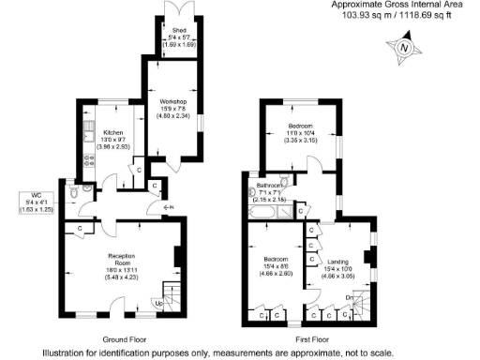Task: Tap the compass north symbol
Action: (x=404, y=48)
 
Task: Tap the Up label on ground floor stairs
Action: (x=158, y=303)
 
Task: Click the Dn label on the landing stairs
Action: (x=350, y=298)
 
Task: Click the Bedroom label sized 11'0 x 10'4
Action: (x=300, y=126)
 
